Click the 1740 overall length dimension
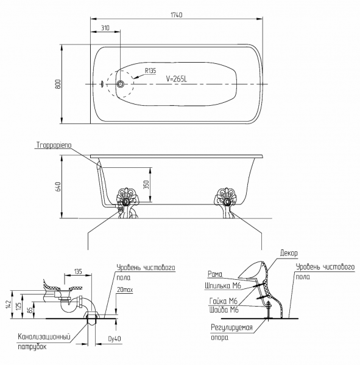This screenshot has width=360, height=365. pyautogui.click(x=177, y=15)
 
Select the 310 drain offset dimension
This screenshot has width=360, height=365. pyautogui.click(x=105, y=28)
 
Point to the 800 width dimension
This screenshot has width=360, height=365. pyautogui.click(x=58, y=84)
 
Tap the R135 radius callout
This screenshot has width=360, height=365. pyautogui.click(x=150, y=71)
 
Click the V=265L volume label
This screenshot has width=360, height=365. pyautogui.click(x=177, y=79)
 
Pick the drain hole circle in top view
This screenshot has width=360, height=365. pyautogui.click(x=121, y=84)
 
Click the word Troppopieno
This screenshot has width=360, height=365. pyautogui.click(x=54, y=145)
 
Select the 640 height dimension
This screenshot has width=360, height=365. pyautogui.click(x=58, y=187)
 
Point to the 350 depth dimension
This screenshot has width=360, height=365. pyautogui.click(x=146, y=184)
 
